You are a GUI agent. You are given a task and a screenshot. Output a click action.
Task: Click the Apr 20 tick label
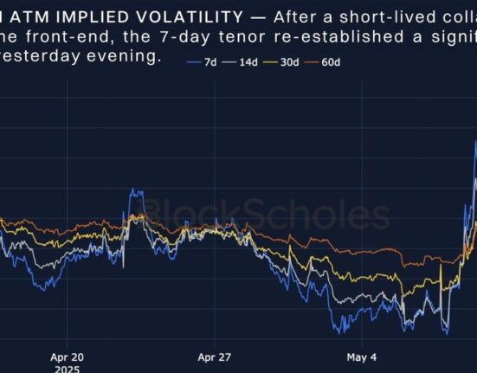click(x=67, y=356)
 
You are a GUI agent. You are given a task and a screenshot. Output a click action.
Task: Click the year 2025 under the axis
click(x=66, y=368)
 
